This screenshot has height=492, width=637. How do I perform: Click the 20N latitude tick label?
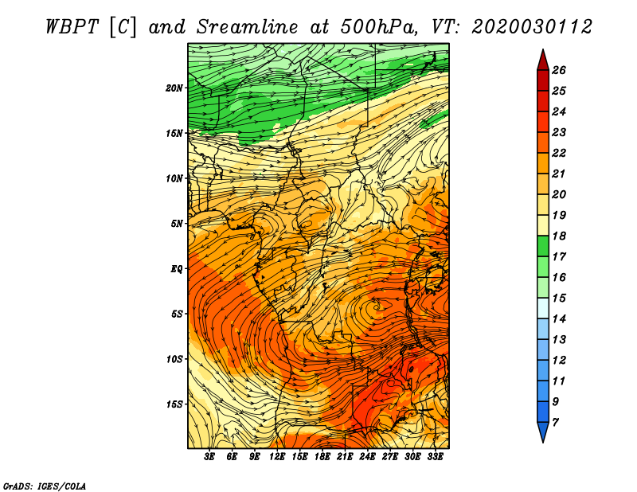[x=174, y=88]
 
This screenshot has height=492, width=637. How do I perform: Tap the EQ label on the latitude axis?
[x=177, y=269]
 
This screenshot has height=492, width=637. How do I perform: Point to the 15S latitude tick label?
[x=174, y=404]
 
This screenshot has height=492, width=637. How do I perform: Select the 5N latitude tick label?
[x=177, y=224]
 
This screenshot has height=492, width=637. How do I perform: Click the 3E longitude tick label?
[x=209, y=457]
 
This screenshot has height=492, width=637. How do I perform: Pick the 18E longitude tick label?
[x=322, y=457]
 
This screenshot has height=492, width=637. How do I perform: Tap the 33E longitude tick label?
[x=435, y=457]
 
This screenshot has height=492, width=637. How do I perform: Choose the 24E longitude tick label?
[x=367, y=457]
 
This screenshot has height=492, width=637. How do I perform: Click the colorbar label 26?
[x=559, y=70]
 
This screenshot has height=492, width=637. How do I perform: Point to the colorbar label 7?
[x=555, y=423]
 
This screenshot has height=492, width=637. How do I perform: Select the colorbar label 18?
[x=559, y=236]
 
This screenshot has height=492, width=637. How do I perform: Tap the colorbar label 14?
[x=559, y=319]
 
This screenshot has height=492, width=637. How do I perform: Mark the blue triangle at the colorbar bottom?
[x=543, y=431]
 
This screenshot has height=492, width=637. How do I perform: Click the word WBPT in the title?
[x=72, y=27]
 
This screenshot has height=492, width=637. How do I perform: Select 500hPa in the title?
[x=379, y=27]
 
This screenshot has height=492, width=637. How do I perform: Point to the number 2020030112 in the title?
[x=532, y=27]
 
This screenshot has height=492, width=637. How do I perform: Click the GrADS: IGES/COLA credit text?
[x=45, y=486]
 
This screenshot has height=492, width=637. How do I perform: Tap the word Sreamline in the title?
[x=248, y=27]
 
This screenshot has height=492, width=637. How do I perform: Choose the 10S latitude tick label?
[x=174, y=359]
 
